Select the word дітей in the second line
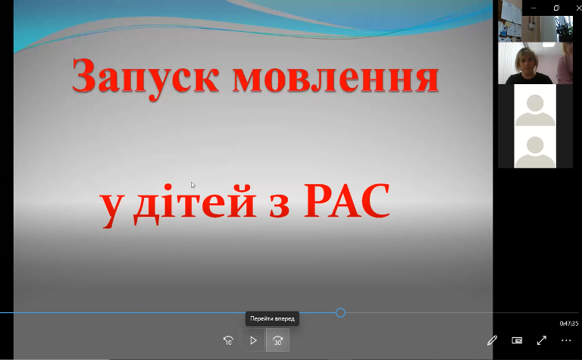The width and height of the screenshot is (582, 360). [195, 203]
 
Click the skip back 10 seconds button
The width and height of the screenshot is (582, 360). [228, 340]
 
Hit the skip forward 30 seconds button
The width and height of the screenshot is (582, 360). [277, 340]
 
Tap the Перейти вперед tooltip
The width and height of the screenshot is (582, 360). [273, 318]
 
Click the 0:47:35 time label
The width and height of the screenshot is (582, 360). [568, 324]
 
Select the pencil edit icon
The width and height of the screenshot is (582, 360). [492, 340]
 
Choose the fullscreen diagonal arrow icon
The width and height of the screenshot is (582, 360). [542, 340]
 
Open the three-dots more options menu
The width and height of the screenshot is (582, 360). [566, 340]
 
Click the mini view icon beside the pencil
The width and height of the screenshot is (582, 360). [517, 340]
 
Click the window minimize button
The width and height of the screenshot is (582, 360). [533, 8]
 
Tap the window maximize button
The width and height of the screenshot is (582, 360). [556, 8]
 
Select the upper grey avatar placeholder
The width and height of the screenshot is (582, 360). [535, 110]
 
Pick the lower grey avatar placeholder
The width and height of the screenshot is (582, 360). [535, 152]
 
